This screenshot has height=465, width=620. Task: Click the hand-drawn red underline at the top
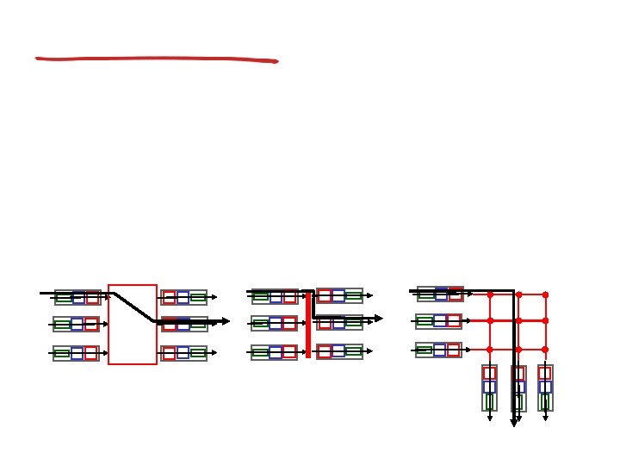(x=155, y=59)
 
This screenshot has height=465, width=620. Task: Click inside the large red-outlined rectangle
(x=133, y=340)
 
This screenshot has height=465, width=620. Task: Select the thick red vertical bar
(x=308, y=324)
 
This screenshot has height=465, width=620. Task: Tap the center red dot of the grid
(x=518, y=320)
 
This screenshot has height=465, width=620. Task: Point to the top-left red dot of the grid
(x=490, y=294)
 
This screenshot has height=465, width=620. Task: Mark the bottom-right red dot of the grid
(x=545, y=350)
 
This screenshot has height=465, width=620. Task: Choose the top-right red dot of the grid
(x=545, y=294)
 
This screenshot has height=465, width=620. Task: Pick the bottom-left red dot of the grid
(x=490, y=350)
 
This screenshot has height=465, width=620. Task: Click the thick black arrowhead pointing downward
(x=514, y=422)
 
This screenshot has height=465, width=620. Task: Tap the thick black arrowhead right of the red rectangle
(x=226, y=322)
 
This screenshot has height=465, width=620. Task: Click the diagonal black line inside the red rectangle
(x=133, y=307)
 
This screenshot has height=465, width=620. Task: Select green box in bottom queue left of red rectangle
(x=63, y=353)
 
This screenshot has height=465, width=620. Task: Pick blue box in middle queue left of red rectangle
(x=77, y=325)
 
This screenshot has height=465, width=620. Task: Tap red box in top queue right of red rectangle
(x=169, y=298)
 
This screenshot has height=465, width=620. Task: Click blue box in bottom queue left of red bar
(x=275, y=352)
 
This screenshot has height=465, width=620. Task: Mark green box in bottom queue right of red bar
(x=353, y=351)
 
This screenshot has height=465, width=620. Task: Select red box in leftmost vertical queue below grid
(x=489, y=373)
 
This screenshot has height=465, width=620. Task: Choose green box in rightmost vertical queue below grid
(x=545, y=401)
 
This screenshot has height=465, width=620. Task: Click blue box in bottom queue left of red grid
(x=439, y=350)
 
